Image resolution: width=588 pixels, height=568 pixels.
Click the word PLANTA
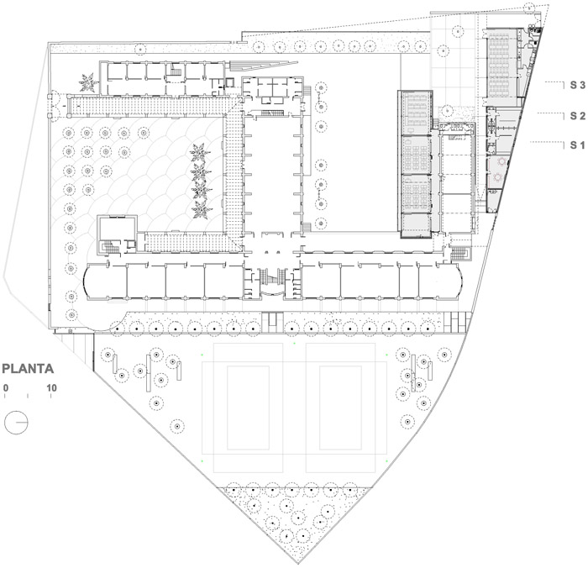(28, 369)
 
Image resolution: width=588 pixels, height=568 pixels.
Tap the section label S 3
(578, 85)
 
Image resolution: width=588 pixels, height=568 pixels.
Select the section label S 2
(578, 116)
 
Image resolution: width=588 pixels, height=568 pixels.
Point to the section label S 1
(578, 145)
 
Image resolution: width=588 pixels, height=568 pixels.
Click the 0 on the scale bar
(6, 387)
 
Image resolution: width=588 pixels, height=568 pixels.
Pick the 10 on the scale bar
(51, 387)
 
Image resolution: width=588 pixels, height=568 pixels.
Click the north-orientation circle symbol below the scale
(16, 423)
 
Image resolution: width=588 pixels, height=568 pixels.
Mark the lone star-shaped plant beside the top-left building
(88, 82)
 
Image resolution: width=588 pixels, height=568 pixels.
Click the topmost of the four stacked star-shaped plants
(200, 152)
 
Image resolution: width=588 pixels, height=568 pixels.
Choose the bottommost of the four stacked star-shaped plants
(202, 210)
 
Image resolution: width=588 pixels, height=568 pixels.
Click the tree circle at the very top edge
(529, 7)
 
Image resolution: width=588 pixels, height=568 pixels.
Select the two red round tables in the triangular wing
(500, 169)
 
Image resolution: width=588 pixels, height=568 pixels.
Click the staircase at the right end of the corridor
(459, 254)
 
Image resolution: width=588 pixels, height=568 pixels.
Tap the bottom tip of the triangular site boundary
(298, 563)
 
